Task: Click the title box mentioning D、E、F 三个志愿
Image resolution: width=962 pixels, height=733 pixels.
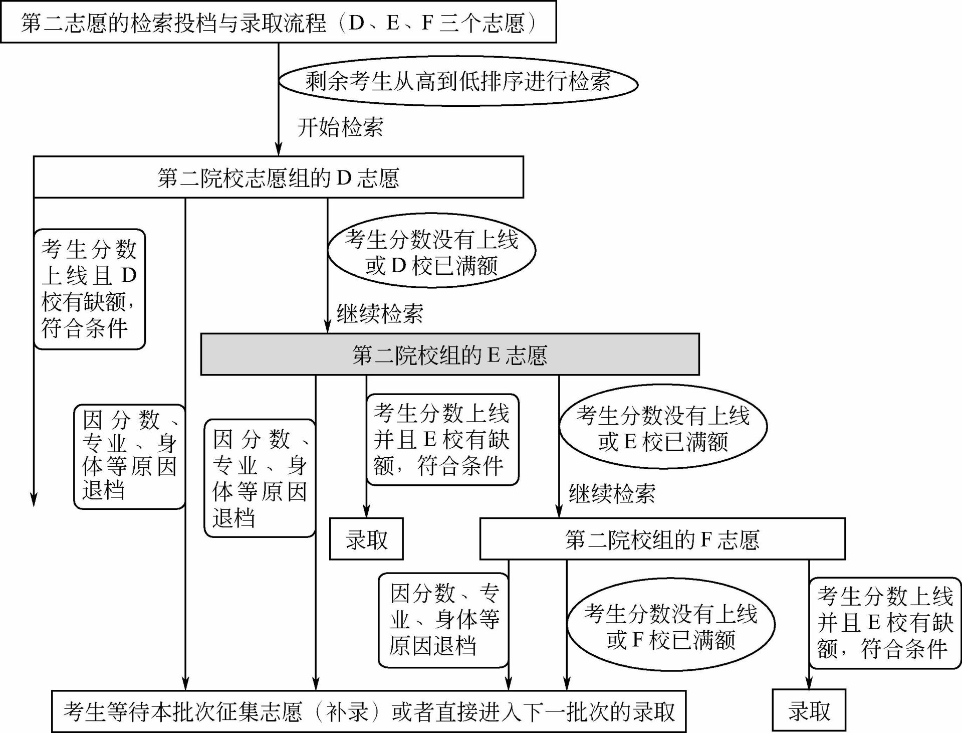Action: [279, 22]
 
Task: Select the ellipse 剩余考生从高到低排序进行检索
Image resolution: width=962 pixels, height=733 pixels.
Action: [458, 81]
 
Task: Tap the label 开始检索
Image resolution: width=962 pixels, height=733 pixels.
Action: [340, 127]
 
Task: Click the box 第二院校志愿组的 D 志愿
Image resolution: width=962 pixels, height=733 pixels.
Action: [279, 177]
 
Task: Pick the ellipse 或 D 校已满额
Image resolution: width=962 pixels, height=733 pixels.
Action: [432, 251]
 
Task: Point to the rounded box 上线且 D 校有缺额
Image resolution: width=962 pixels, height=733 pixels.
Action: [90, 289]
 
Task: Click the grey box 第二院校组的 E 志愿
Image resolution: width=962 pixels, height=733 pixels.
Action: [450, 354]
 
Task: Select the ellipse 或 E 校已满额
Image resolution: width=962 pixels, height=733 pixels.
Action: [663, 427]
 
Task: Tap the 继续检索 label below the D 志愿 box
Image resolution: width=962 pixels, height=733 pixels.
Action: [380, 314]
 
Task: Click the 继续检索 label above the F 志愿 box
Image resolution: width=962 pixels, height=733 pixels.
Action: [612, 494]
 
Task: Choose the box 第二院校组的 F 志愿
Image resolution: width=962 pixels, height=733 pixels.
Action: [662, 539]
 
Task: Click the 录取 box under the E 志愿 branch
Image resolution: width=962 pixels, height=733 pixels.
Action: [366, 539]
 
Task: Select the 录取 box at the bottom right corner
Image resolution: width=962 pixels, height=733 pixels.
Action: [809, 710]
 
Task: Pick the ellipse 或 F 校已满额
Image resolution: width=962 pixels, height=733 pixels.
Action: [671, 625]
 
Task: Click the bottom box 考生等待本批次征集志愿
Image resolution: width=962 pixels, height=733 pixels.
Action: [369, 711]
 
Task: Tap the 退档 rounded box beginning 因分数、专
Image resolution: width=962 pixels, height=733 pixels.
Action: [443, 620]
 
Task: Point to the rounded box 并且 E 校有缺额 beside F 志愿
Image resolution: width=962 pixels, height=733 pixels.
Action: [885, 623]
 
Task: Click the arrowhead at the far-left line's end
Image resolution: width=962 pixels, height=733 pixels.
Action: [34, 500]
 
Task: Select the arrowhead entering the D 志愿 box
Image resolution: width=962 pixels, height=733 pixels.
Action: [279, 149]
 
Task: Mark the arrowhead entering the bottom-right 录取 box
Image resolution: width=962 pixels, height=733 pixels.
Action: [809, 683]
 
